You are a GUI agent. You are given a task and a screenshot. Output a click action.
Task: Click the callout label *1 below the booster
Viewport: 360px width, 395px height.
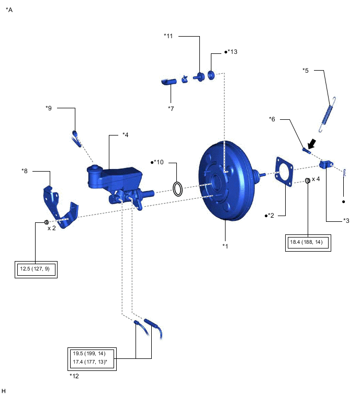pyautogui.click(x=226, y=245)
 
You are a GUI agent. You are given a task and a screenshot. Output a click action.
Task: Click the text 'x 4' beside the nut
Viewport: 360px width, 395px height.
pyautogui.click(x=317, y=179)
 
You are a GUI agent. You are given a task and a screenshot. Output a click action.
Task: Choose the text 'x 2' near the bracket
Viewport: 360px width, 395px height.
pyautogui.click(x=52, y=228)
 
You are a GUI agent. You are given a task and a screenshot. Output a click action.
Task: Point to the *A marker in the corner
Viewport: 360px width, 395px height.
pyautogui.click(x=9, y=9)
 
